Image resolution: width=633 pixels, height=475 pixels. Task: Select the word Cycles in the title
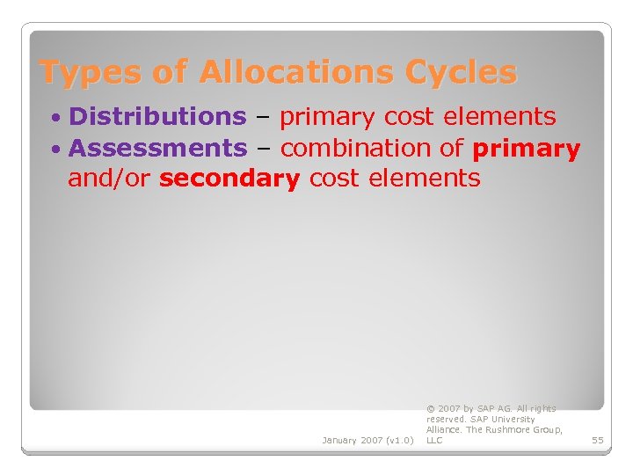point(464,72)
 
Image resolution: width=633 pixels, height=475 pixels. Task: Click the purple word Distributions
point(157,116)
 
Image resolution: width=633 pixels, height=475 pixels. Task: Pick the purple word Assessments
point(157,148)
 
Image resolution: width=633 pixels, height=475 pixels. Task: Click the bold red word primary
point(526,149)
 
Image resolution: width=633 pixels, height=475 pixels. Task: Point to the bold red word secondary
point(230,179)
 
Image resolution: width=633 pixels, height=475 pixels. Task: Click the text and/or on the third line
point(110,179)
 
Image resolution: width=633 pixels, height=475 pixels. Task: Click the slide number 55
point(598,440)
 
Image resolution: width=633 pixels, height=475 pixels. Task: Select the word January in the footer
point(338,440)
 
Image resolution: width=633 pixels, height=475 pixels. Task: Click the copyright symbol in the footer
point(430,409)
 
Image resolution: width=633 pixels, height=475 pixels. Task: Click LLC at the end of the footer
point(434,440)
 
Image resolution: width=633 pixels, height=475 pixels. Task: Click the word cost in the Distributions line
point(411,116)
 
